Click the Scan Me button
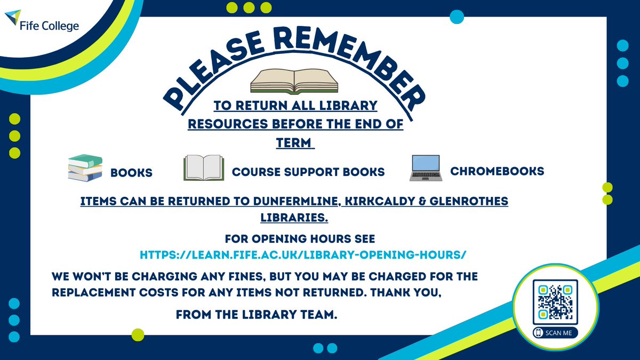[x=555, y=332]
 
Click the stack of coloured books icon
[x=85, y=167]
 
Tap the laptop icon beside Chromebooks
[x=425, y=167]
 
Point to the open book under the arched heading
[x=294, y=82]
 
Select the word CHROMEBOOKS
[x=497, y=171]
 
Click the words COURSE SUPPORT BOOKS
[x=308, y=172]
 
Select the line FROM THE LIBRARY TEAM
[x=257, y=316]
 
